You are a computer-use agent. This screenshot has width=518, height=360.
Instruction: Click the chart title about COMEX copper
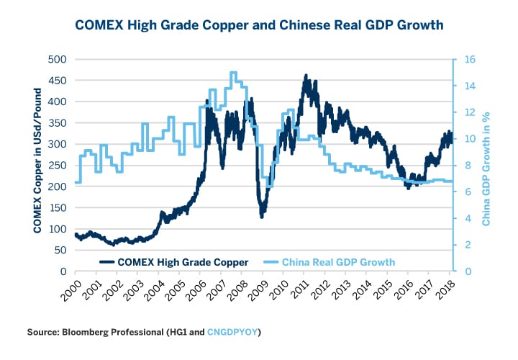pos(259,25)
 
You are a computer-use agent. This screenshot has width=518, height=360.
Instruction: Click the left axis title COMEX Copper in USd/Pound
pos(37,166)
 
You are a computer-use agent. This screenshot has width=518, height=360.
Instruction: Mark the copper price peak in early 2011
pos(306,75)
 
